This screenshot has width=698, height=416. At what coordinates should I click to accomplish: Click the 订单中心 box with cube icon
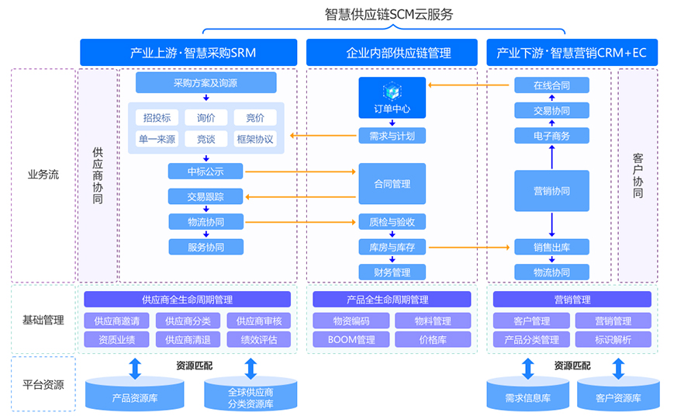[x=392, y=97]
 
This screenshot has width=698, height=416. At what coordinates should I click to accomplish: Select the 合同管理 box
[x=392, y=184]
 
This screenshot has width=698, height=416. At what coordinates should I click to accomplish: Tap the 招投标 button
[x=157, y=117]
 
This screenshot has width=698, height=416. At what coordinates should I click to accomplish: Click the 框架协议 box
[x=255, y=139]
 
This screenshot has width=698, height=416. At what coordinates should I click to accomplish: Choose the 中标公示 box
[x=206, y=171]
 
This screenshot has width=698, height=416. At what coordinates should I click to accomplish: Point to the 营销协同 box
[x=551, y=191]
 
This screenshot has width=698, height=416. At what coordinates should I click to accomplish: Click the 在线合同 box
[x=551, y=85]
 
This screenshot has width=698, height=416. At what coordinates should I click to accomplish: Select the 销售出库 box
[x=551, y=247]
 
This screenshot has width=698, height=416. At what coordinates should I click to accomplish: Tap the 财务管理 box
[x=392, y=272]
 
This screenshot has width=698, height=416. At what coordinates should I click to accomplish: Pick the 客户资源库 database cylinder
[x=618, y=395]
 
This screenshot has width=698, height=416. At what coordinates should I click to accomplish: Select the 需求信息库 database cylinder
[x=527, y=395]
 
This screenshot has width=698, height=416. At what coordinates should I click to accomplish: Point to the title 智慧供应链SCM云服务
[x=389, y=14]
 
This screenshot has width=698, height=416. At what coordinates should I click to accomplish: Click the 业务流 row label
[x=43, y=175]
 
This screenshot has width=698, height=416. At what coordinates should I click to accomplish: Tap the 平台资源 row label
[x=43, y=384]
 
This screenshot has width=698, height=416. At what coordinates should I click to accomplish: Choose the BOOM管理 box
[x=349, y=339]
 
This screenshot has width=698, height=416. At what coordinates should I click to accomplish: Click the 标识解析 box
[x=613, y=339]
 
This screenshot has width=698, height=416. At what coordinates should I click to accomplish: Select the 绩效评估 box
[x=264, y=339]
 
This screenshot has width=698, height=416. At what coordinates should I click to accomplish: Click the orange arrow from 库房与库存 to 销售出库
[x=470, y=247]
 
